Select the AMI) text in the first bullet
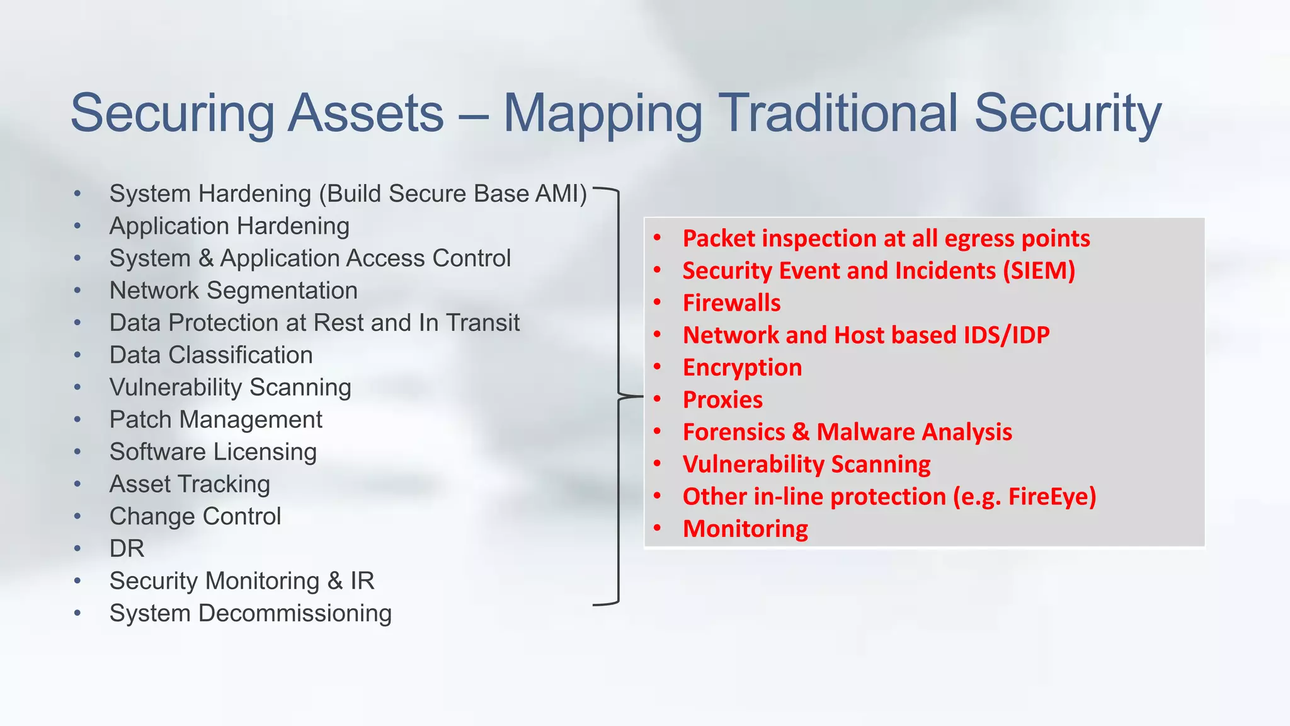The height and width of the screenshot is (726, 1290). tap(561, 193)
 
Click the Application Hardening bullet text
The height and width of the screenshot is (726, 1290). tap(229, 226)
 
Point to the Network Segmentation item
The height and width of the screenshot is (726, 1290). tap(233, 291)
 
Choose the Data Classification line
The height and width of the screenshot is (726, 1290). tap(211, 355)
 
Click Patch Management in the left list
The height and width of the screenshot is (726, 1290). tap(215, 420)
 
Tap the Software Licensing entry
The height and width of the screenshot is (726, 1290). tap(213, 452)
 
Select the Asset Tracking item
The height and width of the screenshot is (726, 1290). tap(190, 484)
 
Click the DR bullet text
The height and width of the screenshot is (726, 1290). tap(127, 549)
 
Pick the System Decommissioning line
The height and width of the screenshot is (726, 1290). tap(250, 613)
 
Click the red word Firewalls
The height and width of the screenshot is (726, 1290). tap(731, 303)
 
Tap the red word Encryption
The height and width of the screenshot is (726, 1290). tap(742, 367)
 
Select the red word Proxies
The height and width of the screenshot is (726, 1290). tap(722, 400)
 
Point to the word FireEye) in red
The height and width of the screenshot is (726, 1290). tap(1052, 497)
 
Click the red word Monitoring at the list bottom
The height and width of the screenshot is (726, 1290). tap(745, 529)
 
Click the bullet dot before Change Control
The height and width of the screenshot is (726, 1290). tap(77, 517)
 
